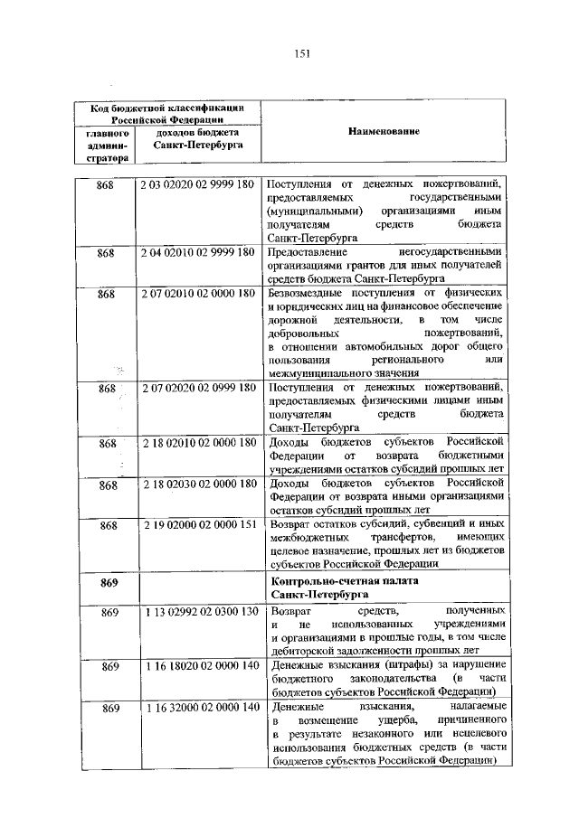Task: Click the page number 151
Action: (x=301, y=52)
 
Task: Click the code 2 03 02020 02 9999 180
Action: (x=196, y=184)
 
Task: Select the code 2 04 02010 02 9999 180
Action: (x=196, y=252)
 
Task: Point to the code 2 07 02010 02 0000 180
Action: (x=196, y=294)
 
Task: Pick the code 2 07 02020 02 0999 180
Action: (x=196, y=388)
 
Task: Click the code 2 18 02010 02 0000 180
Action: (x=196, y=443)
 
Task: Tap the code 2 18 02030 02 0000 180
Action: (x=196, y=484)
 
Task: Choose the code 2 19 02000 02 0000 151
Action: (x=196, y=525)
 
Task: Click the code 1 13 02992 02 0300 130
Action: (x=196, y=612)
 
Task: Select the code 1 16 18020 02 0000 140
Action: (x=196, y=666)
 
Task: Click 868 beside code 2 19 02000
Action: (x=109, y=525)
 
